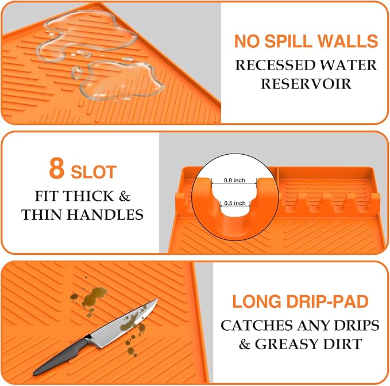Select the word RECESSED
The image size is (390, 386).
pyautogui.click(x=273, y=64)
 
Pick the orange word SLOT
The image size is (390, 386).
pyautogui.click(x=94, y=172)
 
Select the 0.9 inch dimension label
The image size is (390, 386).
pyautogui.click(x=234, y=180)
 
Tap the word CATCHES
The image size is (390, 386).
pyautogui.click(x=257, y=325)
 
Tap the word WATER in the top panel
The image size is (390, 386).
pyautogui.click(x=347, y=64)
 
